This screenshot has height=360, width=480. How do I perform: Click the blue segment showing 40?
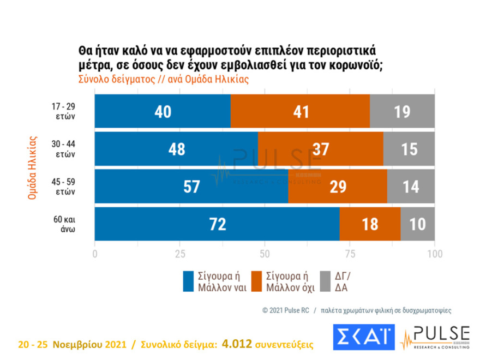[163, 111]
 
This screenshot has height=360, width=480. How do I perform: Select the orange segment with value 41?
[300, 111]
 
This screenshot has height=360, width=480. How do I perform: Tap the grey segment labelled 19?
[403, 111]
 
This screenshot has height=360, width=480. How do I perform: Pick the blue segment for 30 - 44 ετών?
[176, 149]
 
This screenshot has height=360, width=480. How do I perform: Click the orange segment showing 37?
[320, 149]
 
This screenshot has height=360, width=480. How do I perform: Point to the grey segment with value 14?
[411, 187]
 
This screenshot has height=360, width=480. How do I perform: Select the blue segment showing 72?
[217, 224]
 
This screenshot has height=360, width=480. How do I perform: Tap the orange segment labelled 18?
[370, 224]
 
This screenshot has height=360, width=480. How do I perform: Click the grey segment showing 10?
[418, 224]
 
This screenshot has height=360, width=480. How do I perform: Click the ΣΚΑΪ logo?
[363, 337]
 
